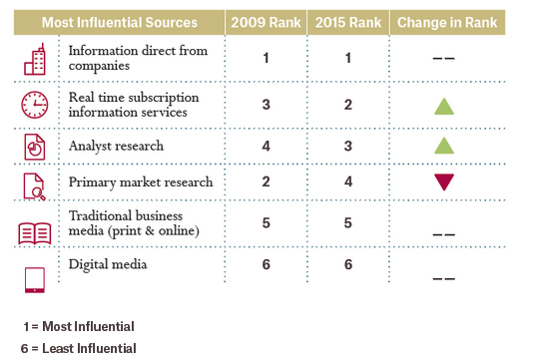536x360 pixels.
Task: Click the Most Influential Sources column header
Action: [120, 23]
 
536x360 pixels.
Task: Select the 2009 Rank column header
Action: [266, 23]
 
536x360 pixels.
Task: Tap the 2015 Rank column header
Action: [348, 23]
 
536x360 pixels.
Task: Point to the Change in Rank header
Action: [447, 23]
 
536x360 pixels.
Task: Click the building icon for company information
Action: [35, 59]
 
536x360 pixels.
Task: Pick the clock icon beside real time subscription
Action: [35, 105]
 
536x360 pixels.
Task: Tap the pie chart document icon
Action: [35, 147]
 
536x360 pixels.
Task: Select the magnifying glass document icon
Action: [35, 186]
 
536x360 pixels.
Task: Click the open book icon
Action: [35, 233]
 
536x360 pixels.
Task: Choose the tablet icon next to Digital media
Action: [35, 280]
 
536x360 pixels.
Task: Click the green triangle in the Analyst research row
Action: [444, 146]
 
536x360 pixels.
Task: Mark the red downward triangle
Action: [444, 182]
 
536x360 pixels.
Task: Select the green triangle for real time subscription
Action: [444, 107]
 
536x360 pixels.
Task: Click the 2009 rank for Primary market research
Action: [266, 181]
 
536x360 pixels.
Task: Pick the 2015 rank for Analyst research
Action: [348, 146]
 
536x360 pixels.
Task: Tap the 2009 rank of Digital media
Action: [266, 264]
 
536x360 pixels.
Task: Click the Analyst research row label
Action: [116, 147]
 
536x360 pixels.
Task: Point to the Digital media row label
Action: [108, 264]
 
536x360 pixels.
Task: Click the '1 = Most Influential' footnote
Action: [79, 326]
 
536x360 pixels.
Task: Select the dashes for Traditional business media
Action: [444, 234]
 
